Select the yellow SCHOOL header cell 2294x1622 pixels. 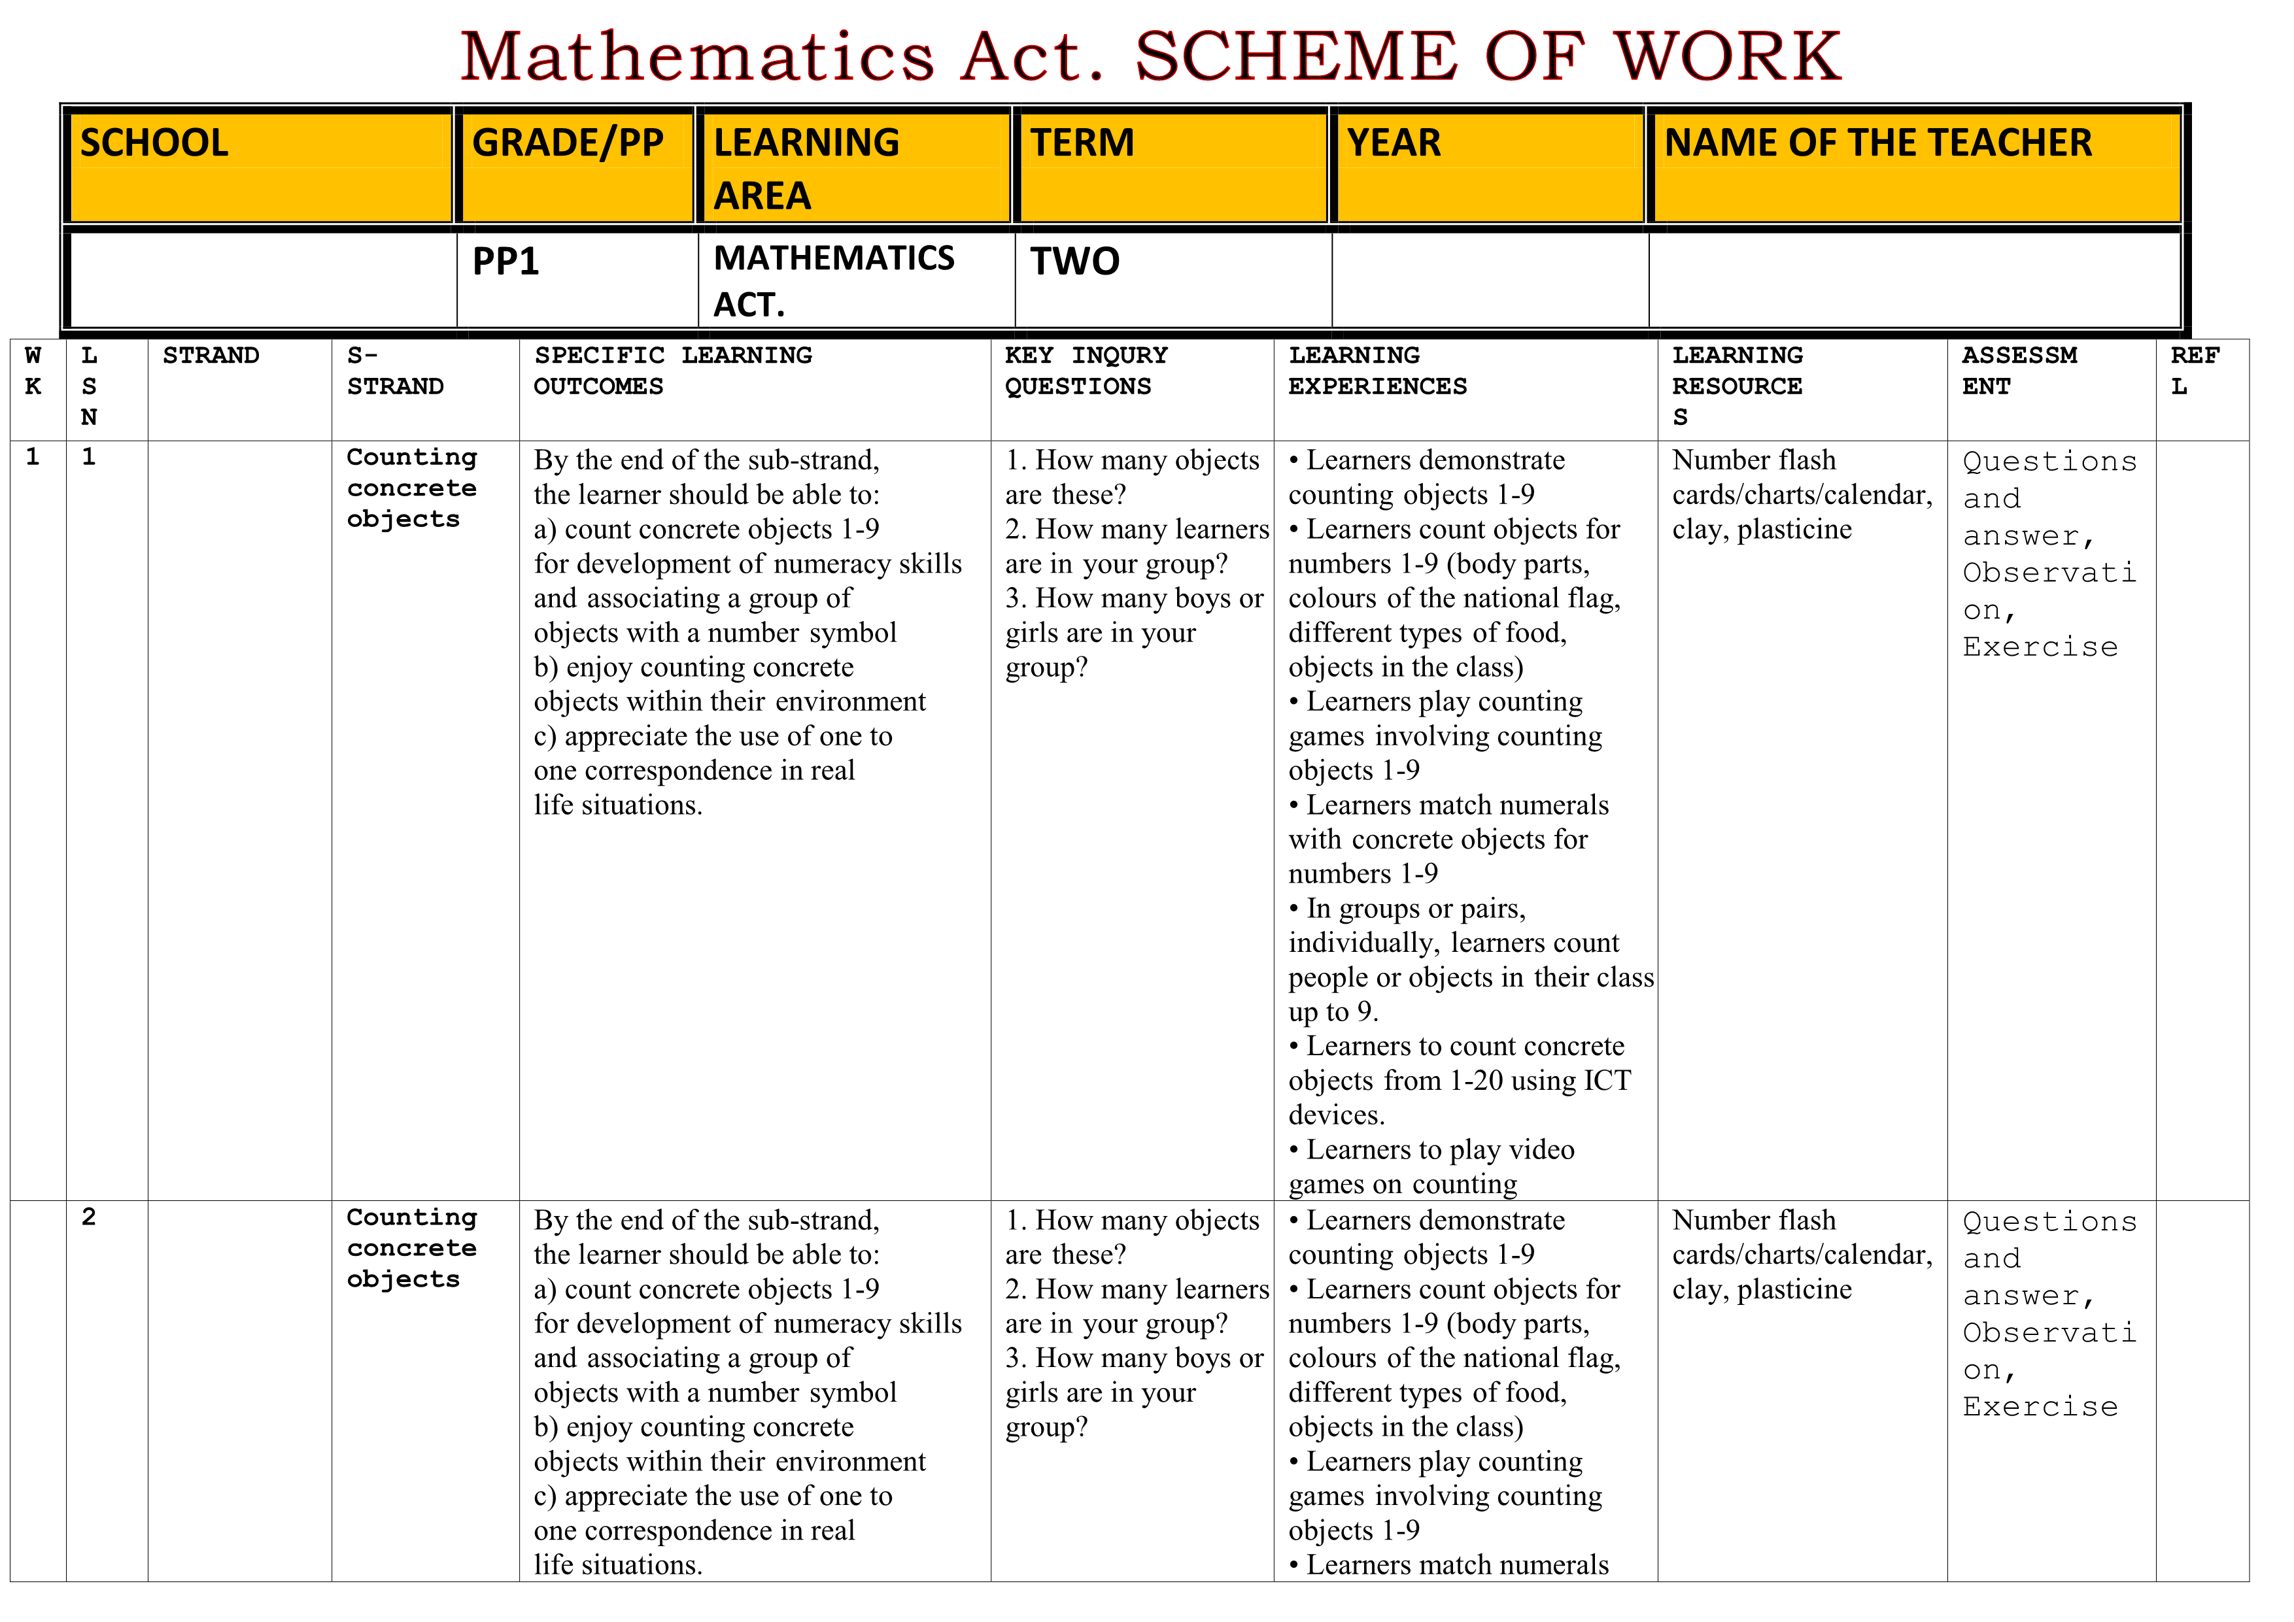258,166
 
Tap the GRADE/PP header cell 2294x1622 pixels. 575,166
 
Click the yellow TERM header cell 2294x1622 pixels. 1171,166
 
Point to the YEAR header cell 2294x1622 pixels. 1488,166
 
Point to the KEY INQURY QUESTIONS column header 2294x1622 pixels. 1086,371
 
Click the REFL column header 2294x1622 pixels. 2194,371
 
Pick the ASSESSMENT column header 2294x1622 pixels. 2019,371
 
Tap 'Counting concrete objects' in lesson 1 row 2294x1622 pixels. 411,488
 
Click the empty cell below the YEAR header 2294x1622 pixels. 1490,280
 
